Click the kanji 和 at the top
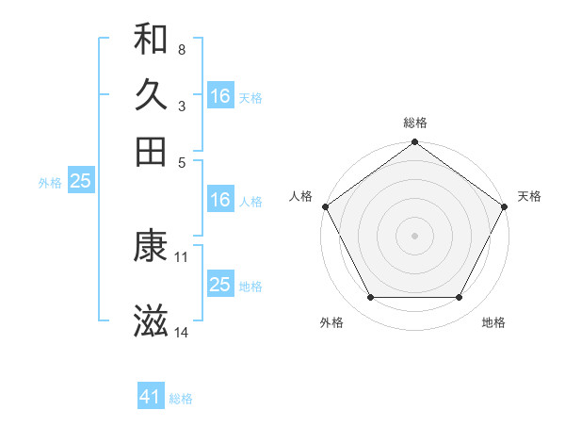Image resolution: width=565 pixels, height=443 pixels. (152, 39)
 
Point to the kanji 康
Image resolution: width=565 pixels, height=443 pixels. (152, 246)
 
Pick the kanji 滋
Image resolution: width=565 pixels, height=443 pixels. (152, 321)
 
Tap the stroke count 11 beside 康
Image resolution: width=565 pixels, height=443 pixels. (182, 256)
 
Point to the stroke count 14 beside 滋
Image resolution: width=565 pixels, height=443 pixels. (183, 332)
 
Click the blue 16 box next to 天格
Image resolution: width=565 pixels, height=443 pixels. (220, 96)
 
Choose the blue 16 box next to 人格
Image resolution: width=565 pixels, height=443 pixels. (220, 200)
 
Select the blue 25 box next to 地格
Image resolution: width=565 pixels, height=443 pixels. (220, 285)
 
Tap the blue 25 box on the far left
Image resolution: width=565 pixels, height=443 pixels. (80, 181)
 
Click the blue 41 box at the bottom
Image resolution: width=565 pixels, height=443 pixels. (151, 398)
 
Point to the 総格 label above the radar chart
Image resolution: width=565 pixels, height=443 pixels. (414, 123)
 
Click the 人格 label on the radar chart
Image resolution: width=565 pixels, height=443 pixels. (301, 196)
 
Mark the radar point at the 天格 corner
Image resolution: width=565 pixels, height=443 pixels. (506, 206)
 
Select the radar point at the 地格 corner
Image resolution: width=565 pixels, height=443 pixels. (460, 298)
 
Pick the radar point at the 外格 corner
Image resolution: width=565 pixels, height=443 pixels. (370, 298)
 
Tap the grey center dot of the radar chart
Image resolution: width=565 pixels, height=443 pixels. (414, 235)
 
